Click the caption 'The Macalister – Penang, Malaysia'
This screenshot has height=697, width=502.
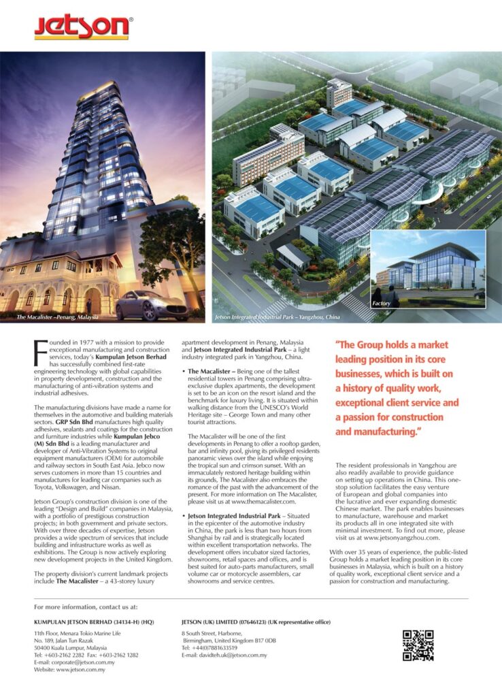point(58,317)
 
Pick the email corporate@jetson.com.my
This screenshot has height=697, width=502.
point(85,662)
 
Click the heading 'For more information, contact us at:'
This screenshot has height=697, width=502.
point(86,605)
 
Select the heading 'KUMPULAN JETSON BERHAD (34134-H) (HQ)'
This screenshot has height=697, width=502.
point(94,621)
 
